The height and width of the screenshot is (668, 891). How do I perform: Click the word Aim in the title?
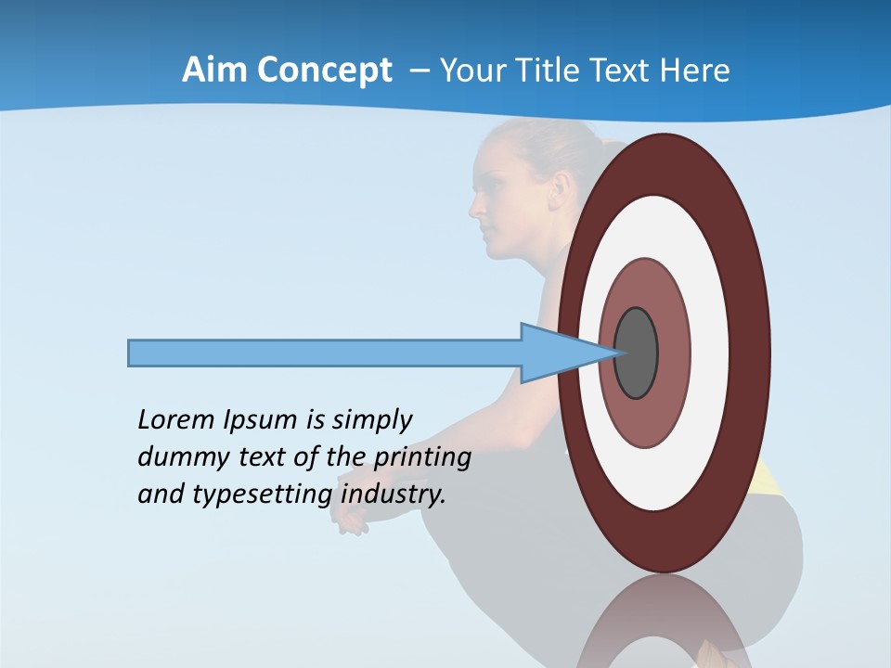tap(213, 71)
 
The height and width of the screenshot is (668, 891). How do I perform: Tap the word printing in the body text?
tap(421, 457)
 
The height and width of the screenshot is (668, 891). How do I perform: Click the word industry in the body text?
tap(394, 494)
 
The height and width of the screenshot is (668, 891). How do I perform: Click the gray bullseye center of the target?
tap(636, 353)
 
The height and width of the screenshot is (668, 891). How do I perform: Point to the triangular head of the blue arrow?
tap(557, 353)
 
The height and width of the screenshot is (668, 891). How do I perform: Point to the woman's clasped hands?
tap(351, 521)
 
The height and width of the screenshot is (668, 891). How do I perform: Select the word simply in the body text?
tap(371, 420)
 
